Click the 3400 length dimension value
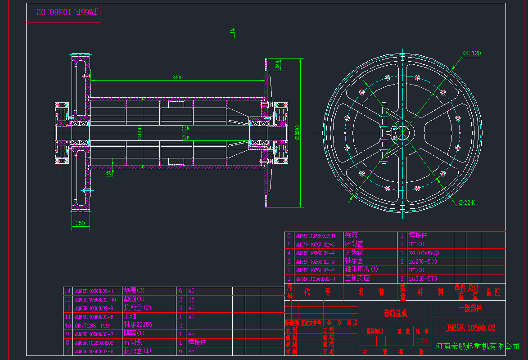point(177,77)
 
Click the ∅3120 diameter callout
point(472,53)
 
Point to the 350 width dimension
point(80,223)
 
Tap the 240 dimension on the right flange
point(278,65)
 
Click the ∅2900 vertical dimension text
point(298,133)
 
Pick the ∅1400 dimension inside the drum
point(140,133)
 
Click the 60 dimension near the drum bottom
point(109,173)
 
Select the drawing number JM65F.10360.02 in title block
point(470,328)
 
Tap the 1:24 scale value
point(423,340)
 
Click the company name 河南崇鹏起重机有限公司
point(478,346)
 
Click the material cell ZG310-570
point(423,279)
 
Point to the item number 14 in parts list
point(68,291)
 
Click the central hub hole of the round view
point(403,132)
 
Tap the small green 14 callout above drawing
point(232,29)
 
